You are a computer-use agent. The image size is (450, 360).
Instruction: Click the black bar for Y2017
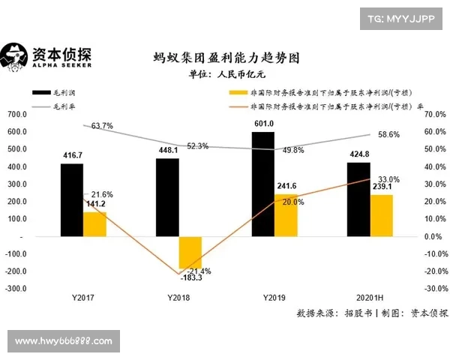click(72, 199)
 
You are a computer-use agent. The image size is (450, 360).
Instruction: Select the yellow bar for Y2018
click(190, 253)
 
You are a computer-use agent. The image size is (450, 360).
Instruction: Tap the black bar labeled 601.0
click(262, 184)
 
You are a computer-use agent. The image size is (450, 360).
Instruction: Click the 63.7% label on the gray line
click(102, 126)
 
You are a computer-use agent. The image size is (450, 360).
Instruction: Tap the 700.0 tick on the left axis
click(16, 115)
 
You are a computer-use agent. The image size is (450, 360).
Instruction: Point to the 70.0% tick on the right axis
click(434, 115)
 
